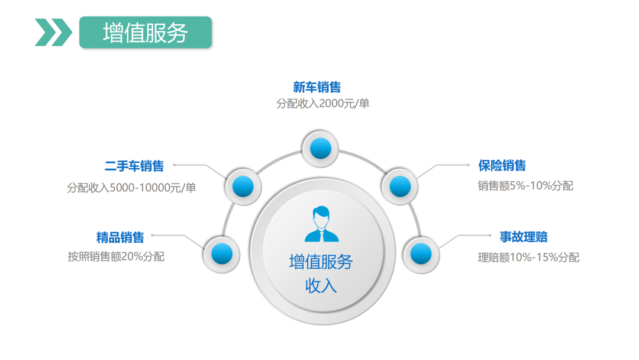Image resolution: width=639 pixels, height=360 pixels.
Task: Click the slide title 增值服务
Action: pyautogui.click(x=145, y=33)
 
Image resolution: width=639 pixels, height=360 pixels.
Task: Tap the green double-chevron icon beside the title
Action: pyautogui.click(x=53, y=32)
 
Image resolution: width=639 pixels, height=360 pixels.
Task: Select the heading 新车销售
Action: pyautogui.click(x=317, y=88)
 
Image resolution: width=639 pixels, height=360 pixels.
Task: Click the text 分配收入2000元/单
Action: pyautogui.click(x=323, y=104)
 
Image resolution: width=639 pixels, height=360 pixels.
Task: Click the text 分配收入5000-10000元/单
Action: pyautogui.click(x=131, y=188)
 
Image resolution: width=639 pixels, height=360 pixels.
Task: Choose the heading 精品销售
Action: pyautogui.click(x=120, y=238)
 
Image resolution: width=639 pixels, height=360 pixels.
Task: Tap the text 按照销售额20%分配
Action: pyautogui.click(x=116, y=257)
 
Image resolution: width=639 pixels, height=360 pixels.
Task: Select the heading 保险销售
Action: pyautogui.click(x=502, y=166)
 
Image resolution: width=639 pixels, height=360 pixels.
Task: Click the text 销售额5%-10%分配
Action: pyautogui.click(x=525, y=186)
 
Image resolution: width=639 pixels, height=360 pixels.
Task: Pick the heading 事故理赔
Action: pyautogui.click(x=524, y=237)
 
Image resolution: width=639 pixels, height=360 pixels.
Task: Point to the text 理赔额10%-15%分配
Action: pyautogui.click(x=528, y=258)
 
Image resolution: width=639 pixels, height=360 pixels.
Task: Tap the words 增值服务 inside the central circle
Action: pyautogui.click(x=321, y=262)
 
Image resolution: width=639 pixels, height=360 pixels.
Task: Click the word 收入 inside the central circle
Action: pyautogui.click(x=321, y=285)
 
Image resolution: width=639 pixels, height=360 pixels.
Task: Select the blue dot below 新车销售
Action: pyautogui.click(x=320, y=148)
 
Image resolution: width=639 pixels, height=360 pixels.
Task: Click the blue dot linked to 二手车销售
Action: pyautogui.click(x=243, y=187)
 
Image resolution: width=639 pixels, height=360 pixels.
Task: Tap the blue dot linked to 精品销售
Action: pyautogui.click(x=221, y=254)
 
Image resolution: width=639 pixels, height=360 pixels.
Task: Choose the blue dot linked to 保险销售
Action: pyautogui.click(x=400, y=187)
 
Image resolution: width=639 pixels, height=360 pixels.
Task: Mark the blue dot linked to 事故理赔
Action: pyautogui.click(x=421, y=254)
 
